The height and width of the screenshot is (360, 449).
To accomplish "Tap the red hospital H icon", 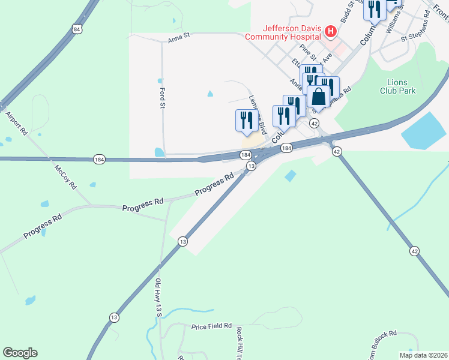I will (330, 31).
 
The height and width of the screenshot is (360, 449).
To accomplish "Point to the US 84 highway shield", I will (76, 29).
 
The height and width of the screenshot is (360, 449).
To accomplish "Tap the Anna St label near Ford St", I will (178, 36).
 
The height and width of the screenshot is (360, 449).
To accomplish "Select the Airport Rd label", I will (16, 122).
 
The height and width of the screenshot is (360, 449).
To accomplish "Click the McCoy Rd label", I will (65, 178).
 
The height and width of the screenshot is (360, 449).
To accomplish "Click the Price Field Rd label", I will (211, 326).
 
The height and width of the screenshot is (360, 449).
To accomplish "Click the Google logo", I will (20, 353).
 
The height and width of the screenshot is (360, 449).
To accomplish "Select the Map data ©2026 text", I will (423, 355).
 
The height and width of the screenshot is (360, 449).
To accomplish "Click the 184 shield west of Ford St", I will (99, 159).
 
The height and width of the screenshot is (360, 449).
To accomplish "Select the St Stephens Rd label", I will (417, 35).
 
